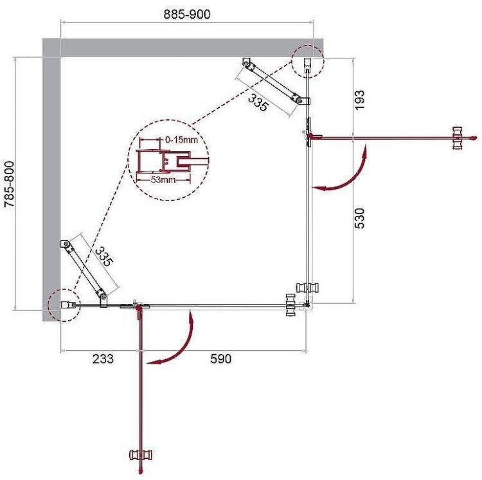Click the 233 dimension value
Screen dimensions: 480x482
[102, 359]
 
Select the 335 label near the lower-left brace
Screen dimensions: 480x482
[104, 257]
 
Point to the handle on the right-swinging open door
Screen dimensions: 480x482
[458, 138]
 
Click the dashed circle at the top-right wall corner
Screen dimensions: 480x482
[308, 62]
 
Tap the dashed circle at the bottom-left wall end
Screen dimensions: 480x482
[63, 303]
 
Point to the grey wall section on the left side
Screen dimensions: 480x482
[51, 180]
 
